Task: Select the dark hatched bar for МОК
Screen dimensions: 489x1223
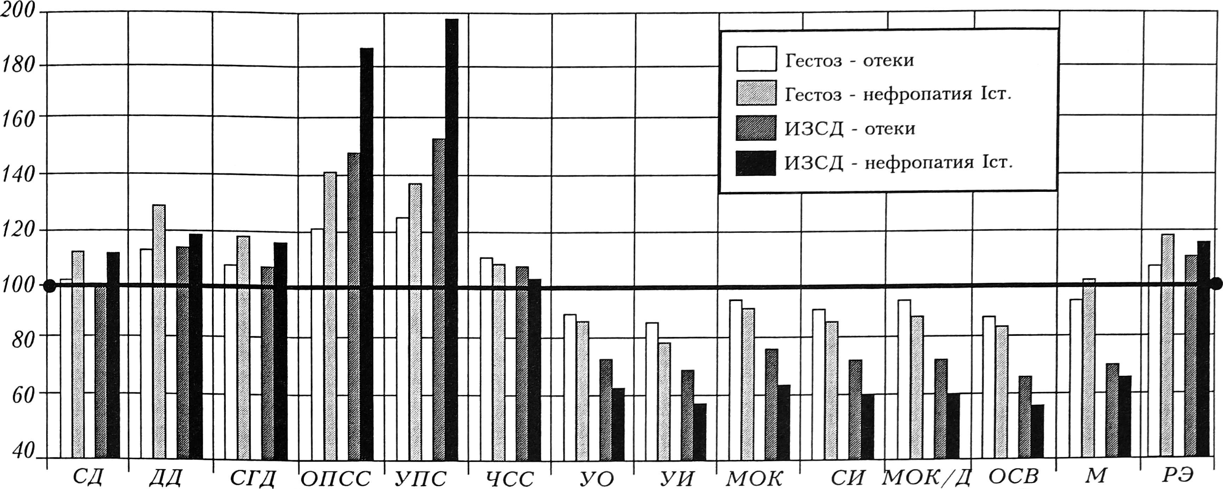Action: click(771, 404)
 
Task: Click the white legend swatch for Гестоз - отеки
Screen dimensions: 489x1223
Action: click(756, 58)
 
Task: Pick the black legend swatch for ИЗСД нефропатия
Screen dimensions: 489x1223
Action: click(756, 163)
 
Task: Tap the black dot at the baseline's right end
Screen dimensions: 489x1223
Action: click(1215, 284)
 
